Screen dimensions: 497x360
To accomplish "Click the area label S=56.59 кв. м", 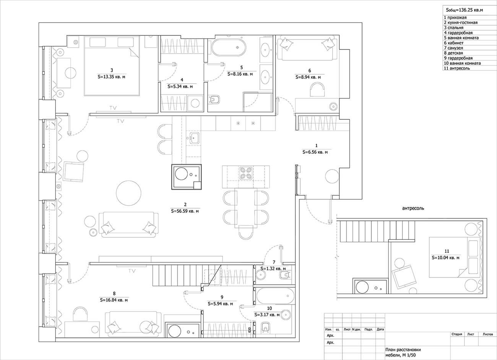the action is pos(185,211).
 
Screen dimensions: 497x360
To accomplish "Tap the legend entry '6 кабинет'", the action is pos(454,43).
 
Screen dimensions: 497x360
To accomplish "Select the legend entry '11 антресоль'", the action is pos(457,68).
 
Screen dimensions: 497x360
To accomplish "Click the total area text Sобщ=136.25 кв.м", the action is pos(465,10).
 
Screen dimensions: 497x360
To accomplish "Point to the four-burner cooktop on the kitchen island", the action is pos(246,173).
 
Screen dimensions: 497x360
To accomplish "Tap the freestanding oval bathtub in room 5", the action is pos(229,47).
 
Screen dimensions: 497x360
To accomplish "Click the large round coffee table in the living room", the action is pos(129,193).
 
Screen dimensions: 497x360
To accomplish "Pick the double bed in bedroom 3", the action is pos(112,66).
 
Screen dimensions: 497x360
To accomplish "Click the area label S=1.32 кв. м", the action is pos(273,269).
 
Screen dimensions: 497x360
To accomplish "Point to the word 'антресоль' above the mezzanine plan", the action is pos(413,209).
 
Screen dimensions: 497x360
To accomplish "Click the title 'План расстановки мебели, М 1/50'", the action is pos(403,352).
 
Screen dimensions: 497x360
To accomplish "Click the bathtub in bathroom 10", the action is pos(275,296).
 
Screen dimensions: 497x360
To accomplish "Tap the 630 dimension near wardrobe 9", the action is pos(249,329).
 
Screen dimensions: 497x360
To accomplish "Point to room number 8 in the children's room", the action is pos(114,293).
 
